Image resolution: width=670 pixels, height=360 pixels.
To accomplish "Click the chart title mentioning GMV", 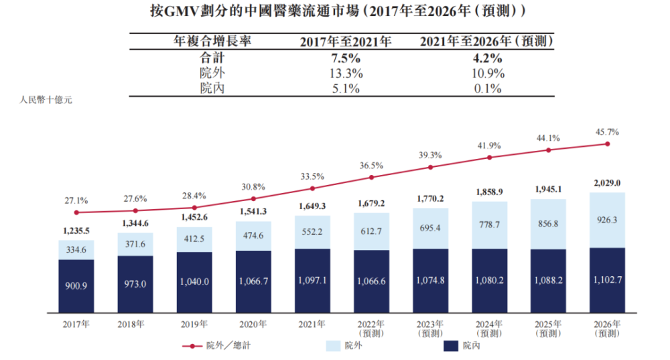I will [x=334, y=11].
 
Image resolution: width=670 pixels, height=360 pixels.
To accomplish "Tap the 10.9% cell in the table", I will [x=486, y=73].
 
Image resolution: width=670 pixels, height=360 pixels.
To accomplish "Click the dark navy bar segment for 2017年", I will [x=76, y=286].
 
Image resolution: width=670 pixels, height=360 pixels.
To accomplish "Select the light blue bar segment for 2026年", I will [x=608, y=220].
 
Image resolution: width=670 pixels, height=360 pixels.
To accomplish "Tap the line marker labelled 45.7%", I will [x=608, y=143].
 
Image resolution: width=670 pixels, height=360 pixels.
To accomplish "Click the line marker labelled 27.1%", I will [x=76, y=213].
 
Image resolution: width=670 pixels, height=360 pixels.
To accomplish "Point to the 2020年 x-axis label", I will [x=253, y=324].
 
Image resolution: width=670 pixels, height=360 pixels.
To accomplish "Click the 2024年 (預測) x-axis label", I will [x=489, y=328].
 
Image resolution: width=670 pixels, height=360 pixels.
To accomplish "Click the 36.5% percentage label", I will [x=371, y=165].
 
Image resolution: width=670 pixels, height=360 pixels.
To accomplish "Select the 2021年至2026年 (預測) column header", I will [x=486, y=42].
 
